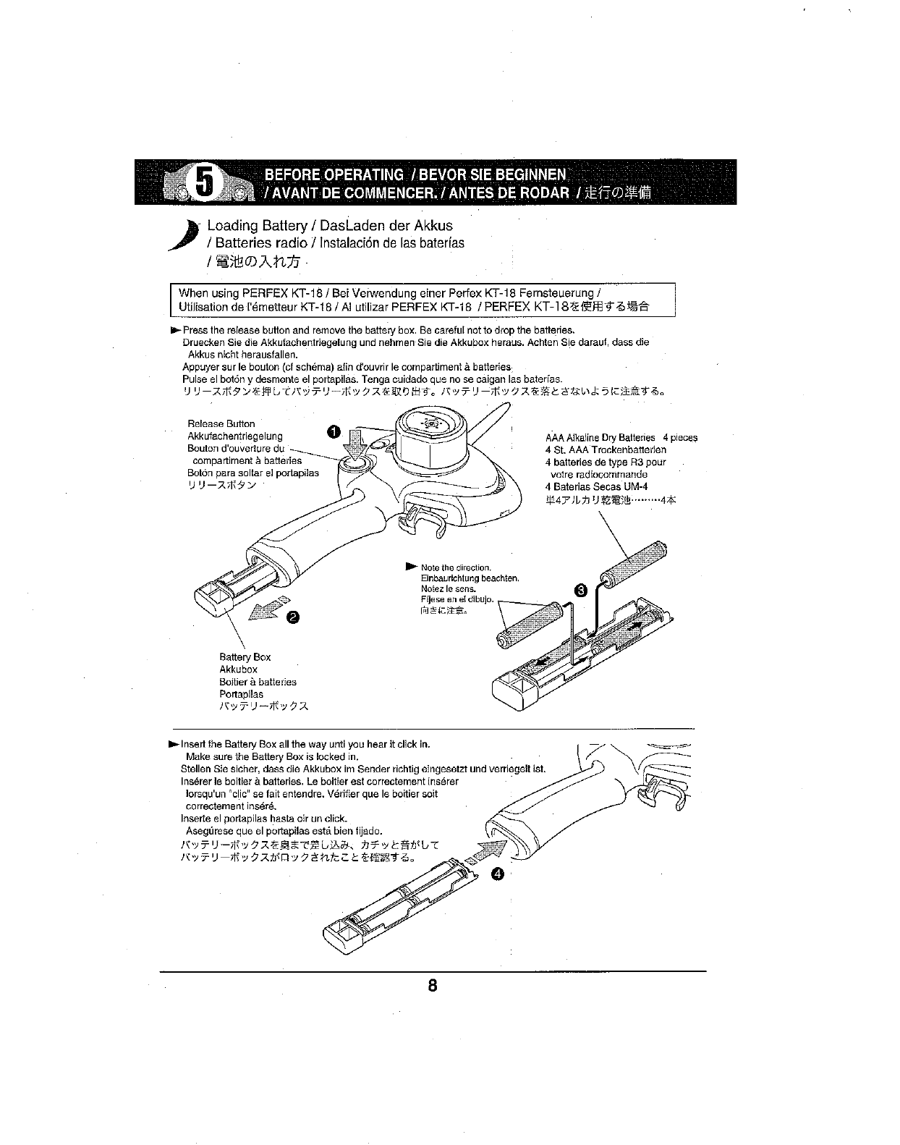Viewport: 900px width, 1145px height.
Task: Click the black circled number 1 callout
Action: pyautogui.click(x=332, y=432)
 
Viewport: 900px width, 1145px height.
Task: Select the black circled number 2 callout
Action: pyautogui.click(x=294, y=617)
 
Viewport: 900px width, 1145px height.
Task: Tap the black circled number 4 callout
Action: pyautogui.click(x=496, y=874)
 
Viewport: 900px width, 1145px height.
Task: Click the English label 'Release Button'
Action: pyautogui.click(x=221, y=423)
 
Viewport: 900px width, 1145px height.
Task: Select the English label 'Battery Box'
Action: pyautogui.click(x=245, y=656)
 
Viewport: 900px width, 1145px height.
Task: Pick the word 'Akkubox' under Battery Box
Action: pyautogui.click(x=238, y=669)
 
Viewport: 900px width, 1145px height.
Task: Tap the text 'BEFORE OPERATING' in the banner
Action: pyautogui.click(x=334, y=174)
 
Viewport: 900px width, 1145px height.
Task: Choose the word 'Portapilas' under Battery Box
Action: pyautogui.click(x=241, y=693)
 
